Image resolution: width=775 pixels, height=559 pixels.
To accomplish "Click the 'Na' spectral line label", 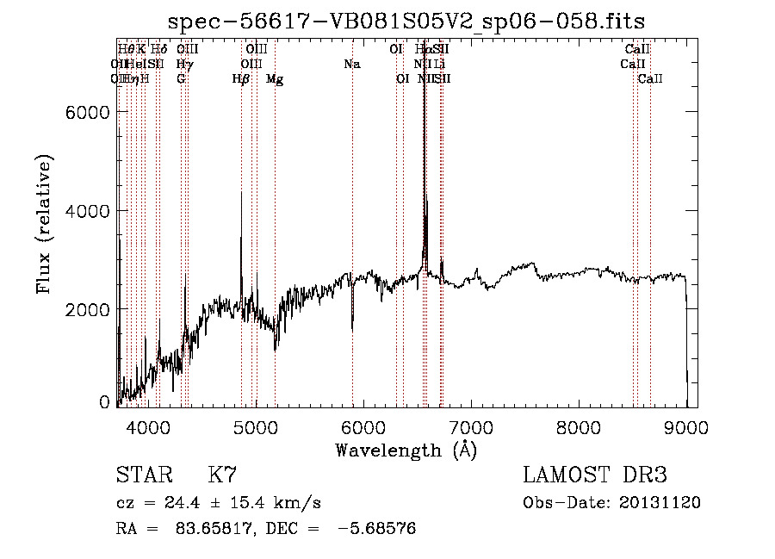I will pyautogui.click(x=351, y=65).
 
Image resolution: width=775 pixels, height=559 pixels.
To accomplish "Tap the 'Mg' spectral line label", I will pyautogui.click(x=275, y=79).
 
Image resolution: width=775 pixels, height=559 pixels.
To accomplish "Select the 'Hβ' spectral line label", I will pyautogui.click(x=241, y=79).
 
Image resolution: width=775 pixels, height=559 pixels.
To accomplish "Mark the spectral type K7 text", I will pyautogui.click(x=222, y=475).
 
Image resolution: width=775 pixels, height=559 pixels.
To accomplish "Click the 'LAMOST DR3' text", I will pyautogui.click(x=595, y=475).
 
